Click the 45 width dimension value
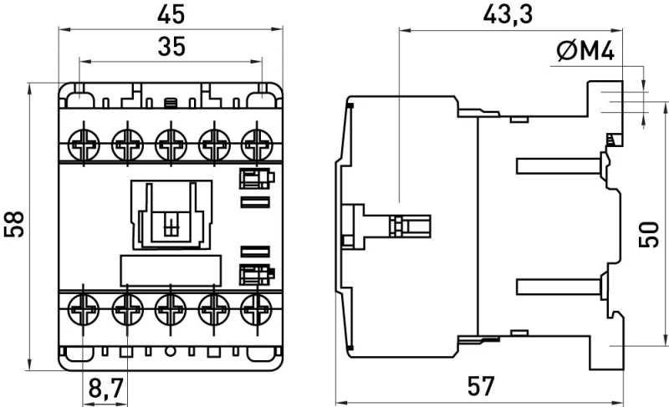click(171, 14)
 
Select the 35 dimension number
click(171, 47)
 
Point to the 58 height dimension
click(14, 224)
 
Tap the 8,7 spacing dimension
click(106, 388)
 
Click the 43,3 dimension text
click(508, 15)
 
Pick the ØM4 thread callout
click(585, 52)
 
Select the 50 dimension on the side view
click(649, 234)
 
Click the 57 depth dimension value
click(481, 386)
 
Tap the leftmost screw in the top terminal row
click(84, 145)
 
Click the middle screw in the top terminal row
click(171, 145)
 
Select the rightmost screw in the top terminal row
click(257, 145)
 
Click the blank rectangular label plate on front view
click(171, 270)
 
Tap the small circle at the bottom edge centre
click(171, 352)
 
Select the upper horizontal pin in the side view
click(559, 165)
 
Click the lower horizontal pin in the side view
click(559, 287)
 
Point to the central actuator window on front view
click(171, 215)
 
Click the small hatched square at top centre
click(171, 103)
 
